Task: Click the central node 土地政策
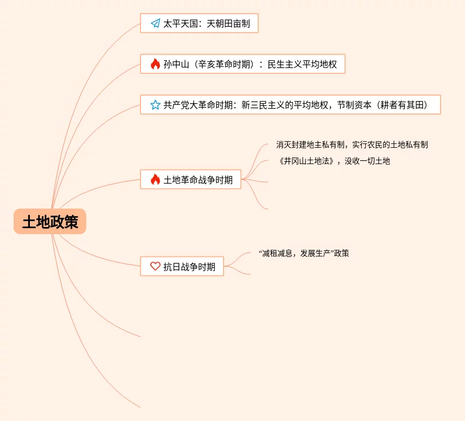(50, 222)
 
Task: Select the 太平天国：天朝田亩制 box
(199, 23)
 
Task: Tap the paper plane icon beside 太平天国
(155, 23)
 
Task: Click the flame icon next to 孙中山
(155, 64)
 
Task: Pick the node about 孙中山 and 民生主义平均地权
(243, 64)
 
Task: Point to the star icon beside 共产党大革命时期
(155, 105)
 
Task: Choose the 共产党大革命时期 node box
(290, 105)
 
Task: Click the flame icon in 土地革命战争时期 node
(155, 179)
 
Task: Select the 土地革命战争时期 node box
(190, 179)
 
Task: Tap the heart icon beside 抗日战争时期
(155, 266)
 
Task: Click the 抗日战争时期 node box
(182, 266)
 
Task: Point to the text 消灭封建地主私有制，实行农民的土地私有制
(352, 144)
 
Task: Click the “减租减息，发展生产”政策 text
(304, 253)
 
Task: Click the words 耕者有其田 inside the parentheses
(402, 105)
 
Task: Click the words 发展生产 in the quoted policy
(315, 253)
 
